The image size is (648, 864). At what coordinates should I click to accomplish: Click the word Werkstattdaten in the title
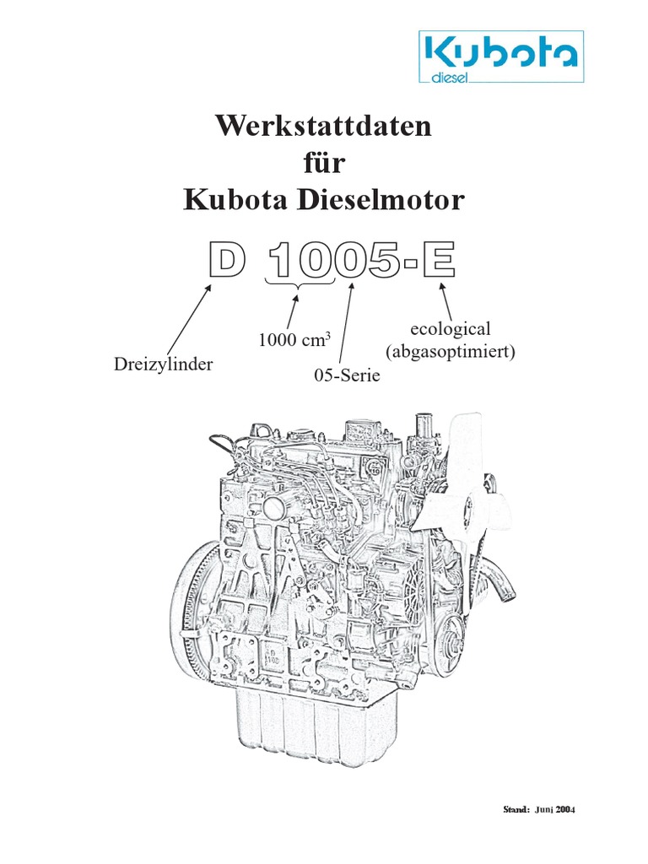coord(324,127)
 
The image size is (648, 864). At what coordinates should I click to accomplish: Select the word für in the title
coord(324,164)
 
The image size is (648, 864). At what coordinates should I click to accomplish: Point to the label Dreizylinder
coord(163,364)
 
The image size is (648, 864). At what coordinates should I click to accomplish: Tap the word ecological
coord(449,330)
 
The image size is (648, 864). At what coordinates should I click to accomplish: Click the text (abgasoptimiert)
coord(450,351)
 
